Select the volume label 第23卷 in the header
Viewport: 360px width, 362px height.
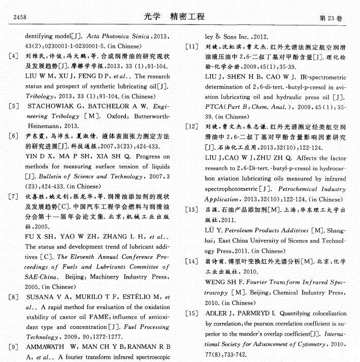tap(331, 18)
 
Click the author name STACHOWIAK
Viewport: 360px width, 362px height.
tap(51, 107)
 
